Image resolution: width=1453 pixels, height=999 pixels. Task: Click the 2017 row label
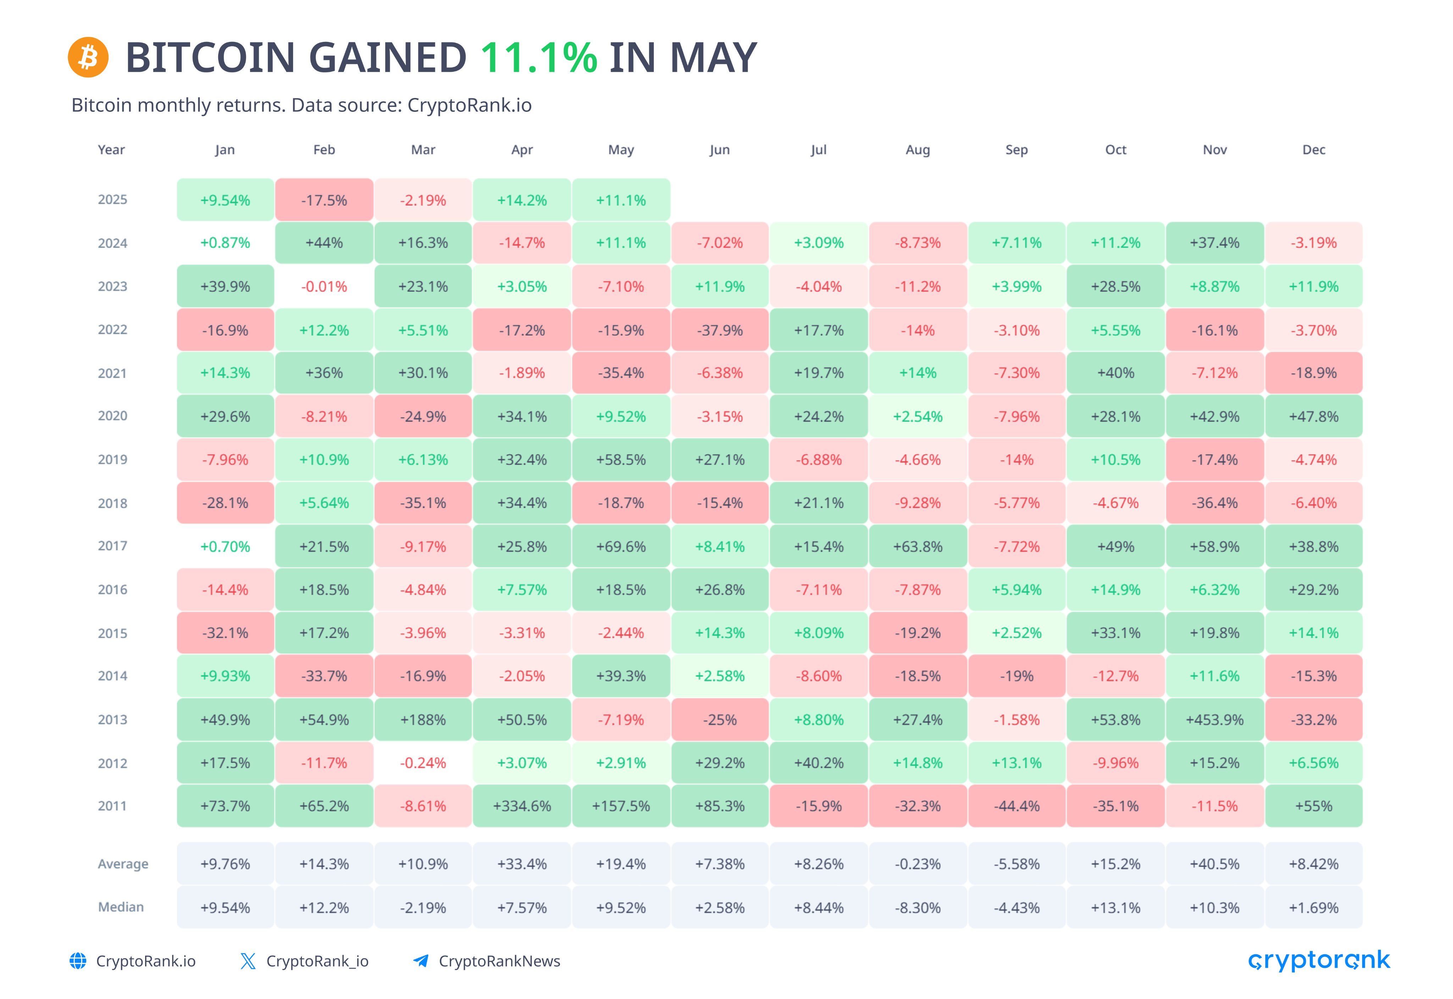tap(112, 546)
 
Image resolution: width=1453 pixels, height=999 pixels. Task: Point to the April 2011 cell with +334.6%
tap(522, 806)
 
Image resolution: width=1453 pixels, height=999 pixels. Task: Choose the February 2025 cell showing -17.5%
tap(324, 200)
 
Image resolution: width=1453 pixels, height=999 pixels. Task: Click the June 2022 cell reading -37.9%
tap(720, 330)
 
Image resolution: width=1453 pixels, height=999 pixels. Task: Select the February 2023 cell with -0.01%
tap(324, 287)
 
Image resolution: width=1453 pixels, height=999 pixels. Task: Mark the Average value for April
tap(522, 864)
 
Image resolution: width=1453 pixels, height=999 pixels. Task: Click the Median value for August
tap(918, 908)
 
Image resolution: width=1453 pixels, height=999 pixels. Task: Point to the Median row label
tap(121, 907)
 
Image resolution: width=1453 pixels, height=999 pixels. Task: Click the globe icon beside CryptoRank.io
tap(78, 961)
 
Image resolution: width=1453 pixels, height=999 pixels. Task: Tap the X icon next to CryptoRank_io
tap(248, 961)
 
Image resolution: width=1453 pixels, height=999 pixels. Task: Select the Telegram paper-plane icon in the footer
tap(421, 961)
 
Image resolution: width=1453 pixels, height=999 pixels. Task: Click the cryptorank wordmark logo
tap(1319, 961)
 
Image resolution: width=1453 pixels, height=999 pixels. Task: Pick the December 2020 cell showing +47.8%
tap(1314, 416)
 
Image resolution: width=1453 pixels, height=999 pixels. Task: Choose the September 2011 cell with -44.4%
tap(1016, 806)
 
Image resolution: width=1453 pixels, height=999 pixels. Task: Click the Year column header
tap(111, 149)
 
